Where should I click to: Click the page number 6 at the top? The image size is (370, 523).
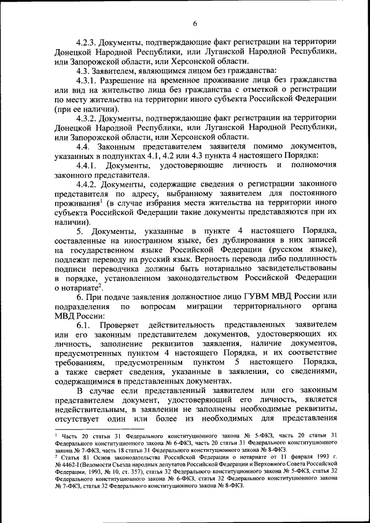[x=195, y=23]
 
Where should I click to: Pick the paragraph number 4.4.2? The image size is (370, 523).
[x=87, y=184]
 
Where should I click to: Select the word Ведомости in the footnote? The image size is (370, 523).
[x=109, y=463]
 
